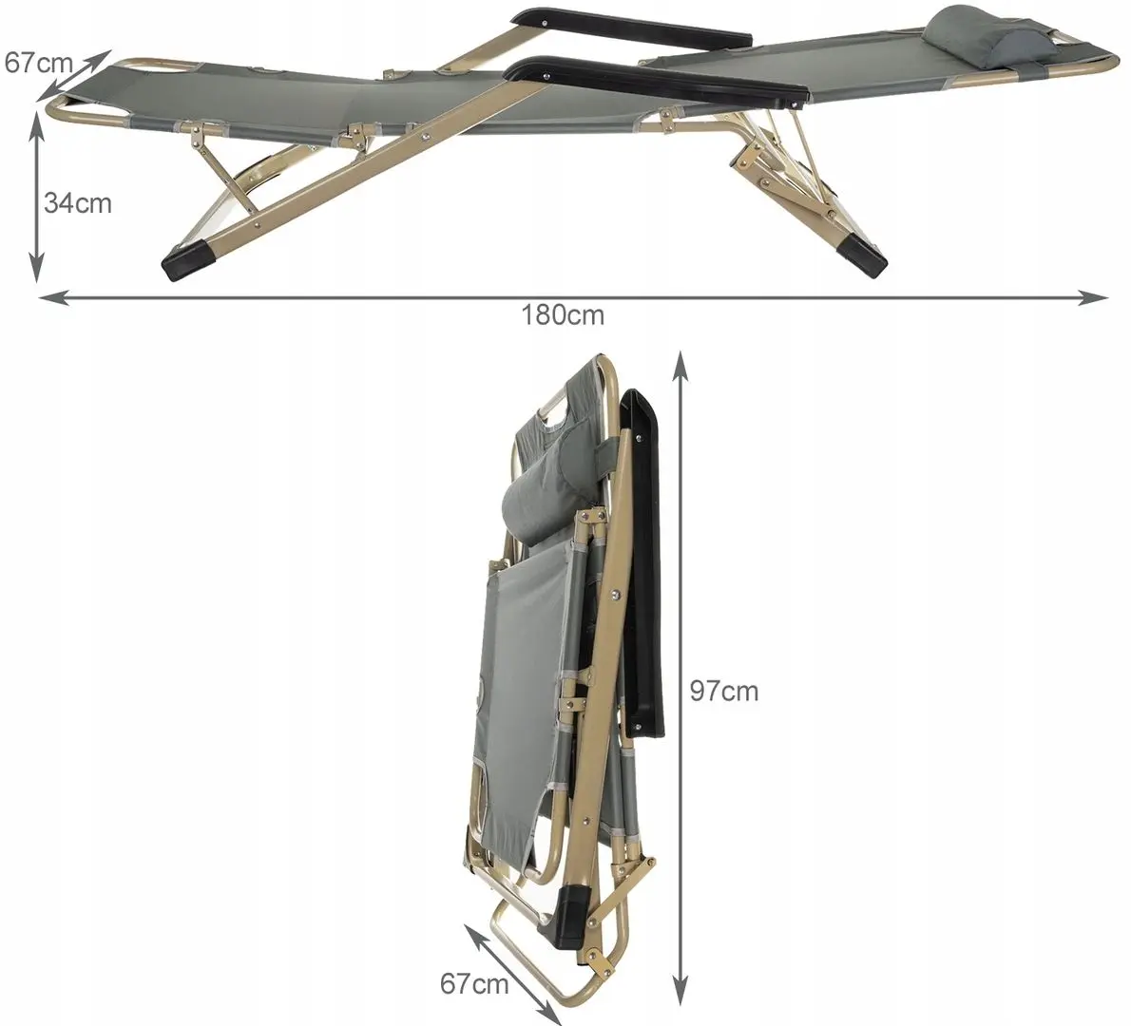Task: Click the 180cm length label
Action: pos(564,315)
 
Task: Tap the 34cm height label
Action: pos(78,202)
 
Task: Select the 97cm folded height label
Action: pos(724,691)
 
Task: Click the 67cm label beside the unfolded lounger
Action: pos(39,63)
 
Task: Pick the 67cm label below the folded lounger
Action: pos(474,983)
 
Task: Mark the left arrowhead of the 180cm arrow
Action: pos(53,297)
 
